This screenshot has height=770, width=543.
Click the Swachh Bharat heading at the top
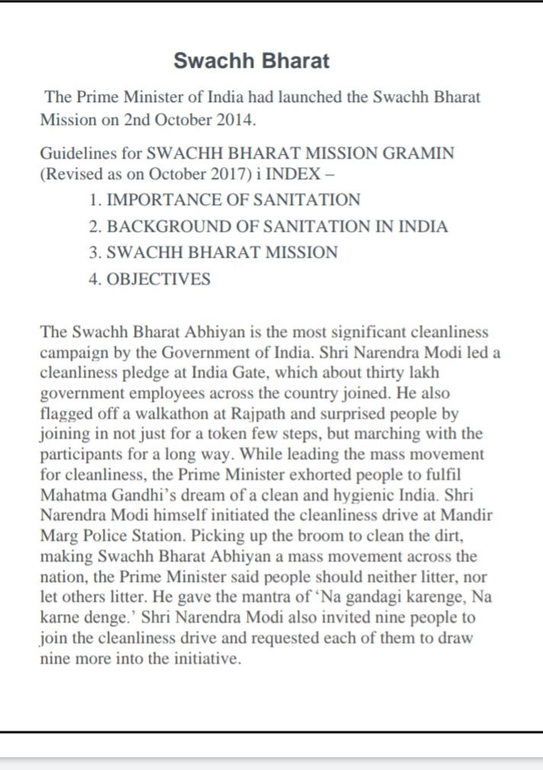coord(251,61)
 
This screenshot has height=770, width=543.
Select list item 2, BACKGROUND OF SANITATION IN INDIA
coord(277,226)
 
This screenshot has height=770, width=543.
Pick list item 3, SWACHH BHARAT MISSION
coord(222,252)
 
